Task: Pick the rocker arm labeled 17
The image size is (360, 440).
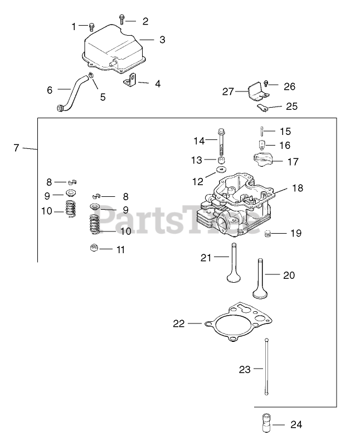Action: (x=264, y=161)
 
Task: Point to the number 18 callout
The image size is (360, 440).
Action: (x=297, y=188)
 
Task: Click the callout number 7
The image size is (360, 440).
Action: (x=16, y=148)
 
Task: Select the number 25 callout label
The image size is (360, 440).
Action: (x=291, y=106)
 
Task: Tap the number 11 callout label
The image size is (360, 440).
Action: (x=120, y=249)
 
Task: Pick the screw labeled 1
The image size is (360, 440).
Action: (x=92, y=26)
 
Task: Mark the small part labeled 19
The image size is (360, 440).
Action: (x=268, y=233)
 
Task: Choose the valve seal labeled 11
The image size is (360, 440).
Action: (x=94, y=249)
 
